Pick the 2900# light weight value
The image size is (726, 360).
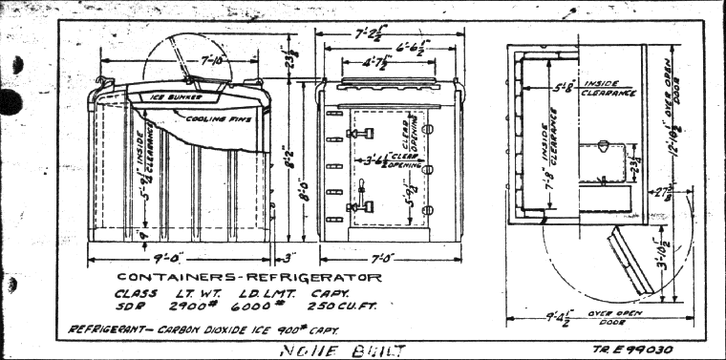pyautogui.click(x=182, y=307)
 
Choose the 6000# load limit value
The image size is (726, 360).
pyautogui.click(x=245, y=307)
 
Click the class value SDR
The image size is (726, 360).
pyautogui.click(x=126, y=307)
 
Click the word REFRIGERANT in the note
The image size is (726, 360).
pyautogui.click(x=107, y=329)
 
